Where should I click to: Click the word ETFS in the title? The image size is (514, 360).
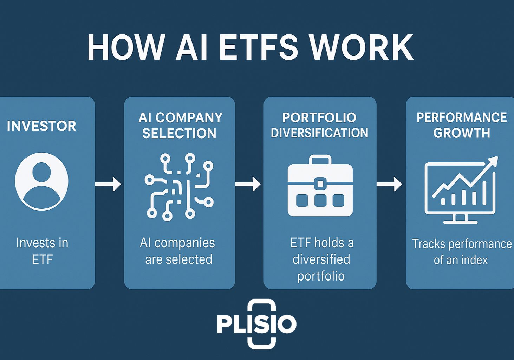coord(259,47)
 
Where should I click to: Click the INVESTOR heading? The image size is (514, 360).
coord(41,126)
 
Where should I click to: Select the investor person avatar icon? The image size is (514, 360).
coord(41,181)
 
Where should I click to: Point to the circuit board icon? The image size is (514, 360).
coord(179,187)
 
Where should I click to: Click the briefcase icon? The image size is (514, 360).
coord(320,186)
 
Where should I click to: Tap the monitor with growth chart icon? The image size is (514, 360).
coord(461,192)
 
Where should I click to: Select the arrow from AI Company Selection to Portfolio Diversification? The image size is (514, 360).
coord(248,184)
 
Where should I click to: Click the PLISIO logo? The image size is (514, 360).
coord(257,324)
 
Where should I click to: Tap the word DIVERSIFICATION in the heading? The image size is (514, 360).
coord(319,133)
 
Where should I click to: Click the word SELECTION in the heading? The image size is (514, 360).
coord(179,133)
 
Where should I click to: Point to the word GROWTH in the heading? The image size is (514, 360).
coord(461,133)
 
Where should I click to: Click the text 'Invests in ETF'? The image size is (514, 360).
coord(42,251)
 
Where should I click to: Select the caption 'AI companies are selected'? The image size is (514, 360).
coord(178,251)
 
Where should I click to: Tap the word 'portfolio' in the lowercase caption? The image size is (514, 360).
coord(321,276)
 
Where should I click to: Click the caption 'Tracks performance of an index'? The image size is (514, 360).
coord(461,252)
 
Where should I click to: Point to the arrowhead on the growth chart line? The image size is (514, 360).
coord(493,161)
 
